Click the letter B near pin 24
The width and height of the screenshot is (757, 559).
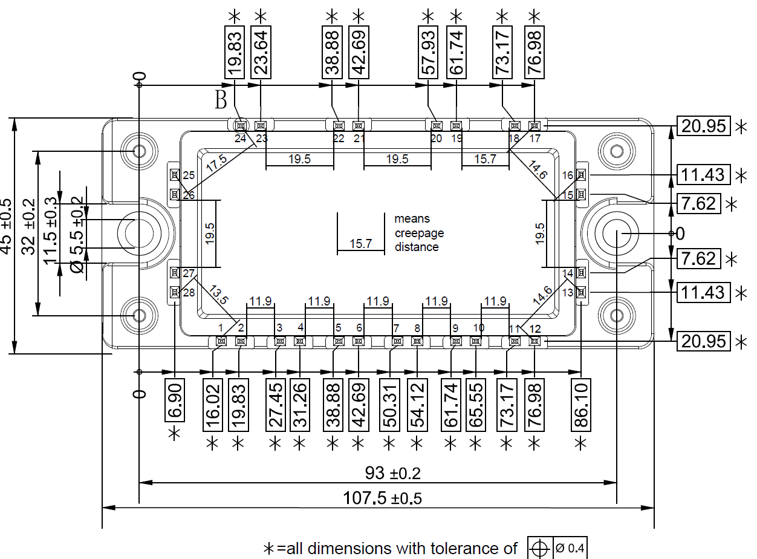pos(221,100)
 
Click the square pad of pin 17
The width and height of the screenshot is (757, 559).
pos(534,126)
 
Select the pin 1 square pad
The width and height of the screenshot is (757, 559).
pos(221,341)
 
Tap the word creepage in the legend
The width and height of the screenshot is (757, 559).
pos(419,233)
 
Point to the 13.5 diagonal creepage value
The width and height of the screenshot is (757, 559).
pos(218,296)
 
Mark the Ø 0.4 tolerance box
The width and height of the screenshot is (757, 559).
pos(569,548)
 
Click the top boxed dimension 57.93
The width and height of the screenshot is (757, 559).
pos(428,51)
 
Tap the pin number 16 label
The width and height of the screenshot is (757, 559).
pos(567,175)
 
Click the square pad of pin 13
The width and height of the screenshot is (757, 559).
pos(581,292)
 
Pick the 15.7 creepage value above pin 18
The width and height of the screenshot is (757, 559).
pos(485,159)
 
